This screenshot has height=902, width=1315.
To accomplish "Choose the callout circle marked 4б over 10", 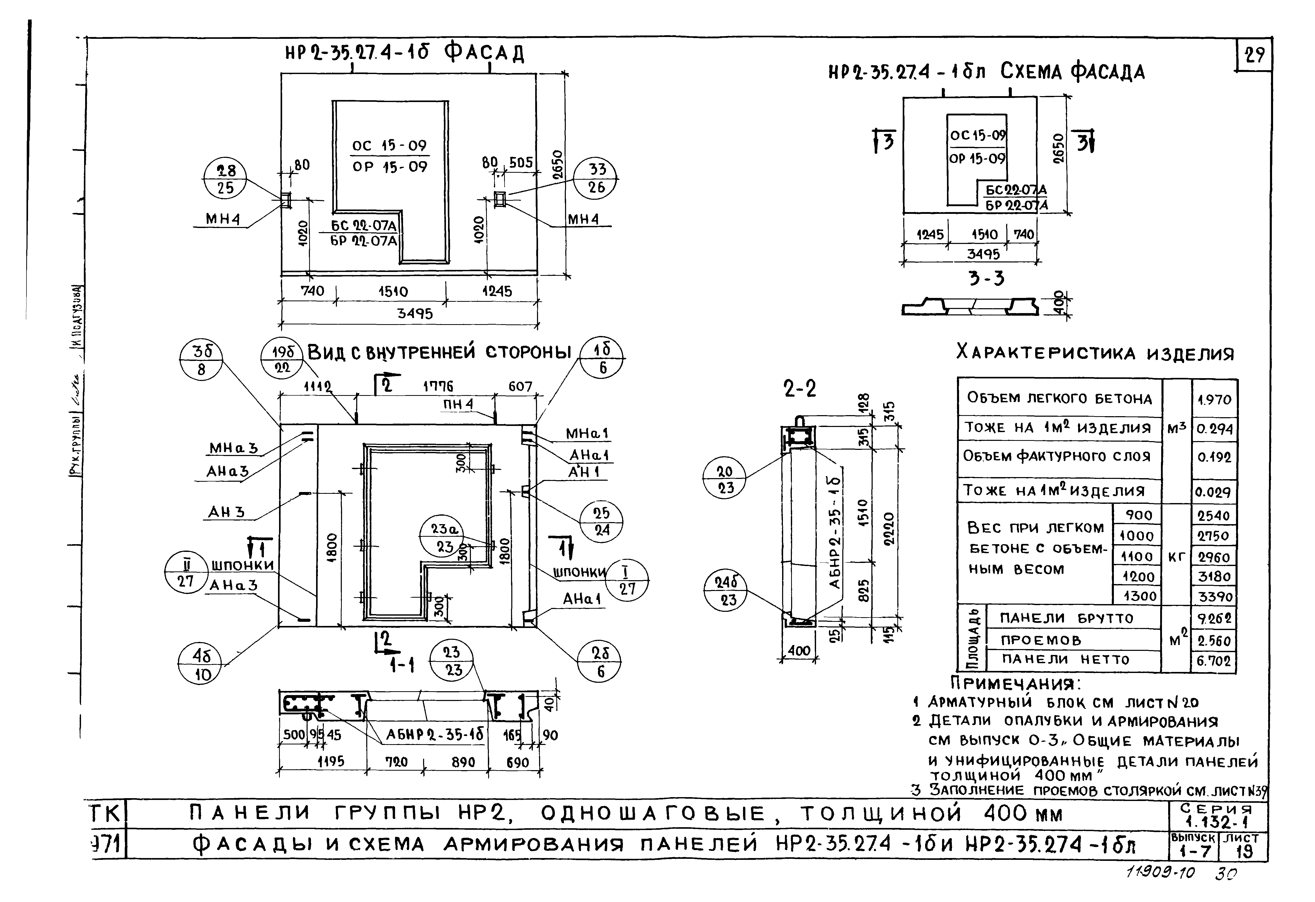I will (201, 664).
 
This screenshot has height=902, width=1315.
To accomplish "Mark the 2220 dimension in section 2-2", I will (889, 529).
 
